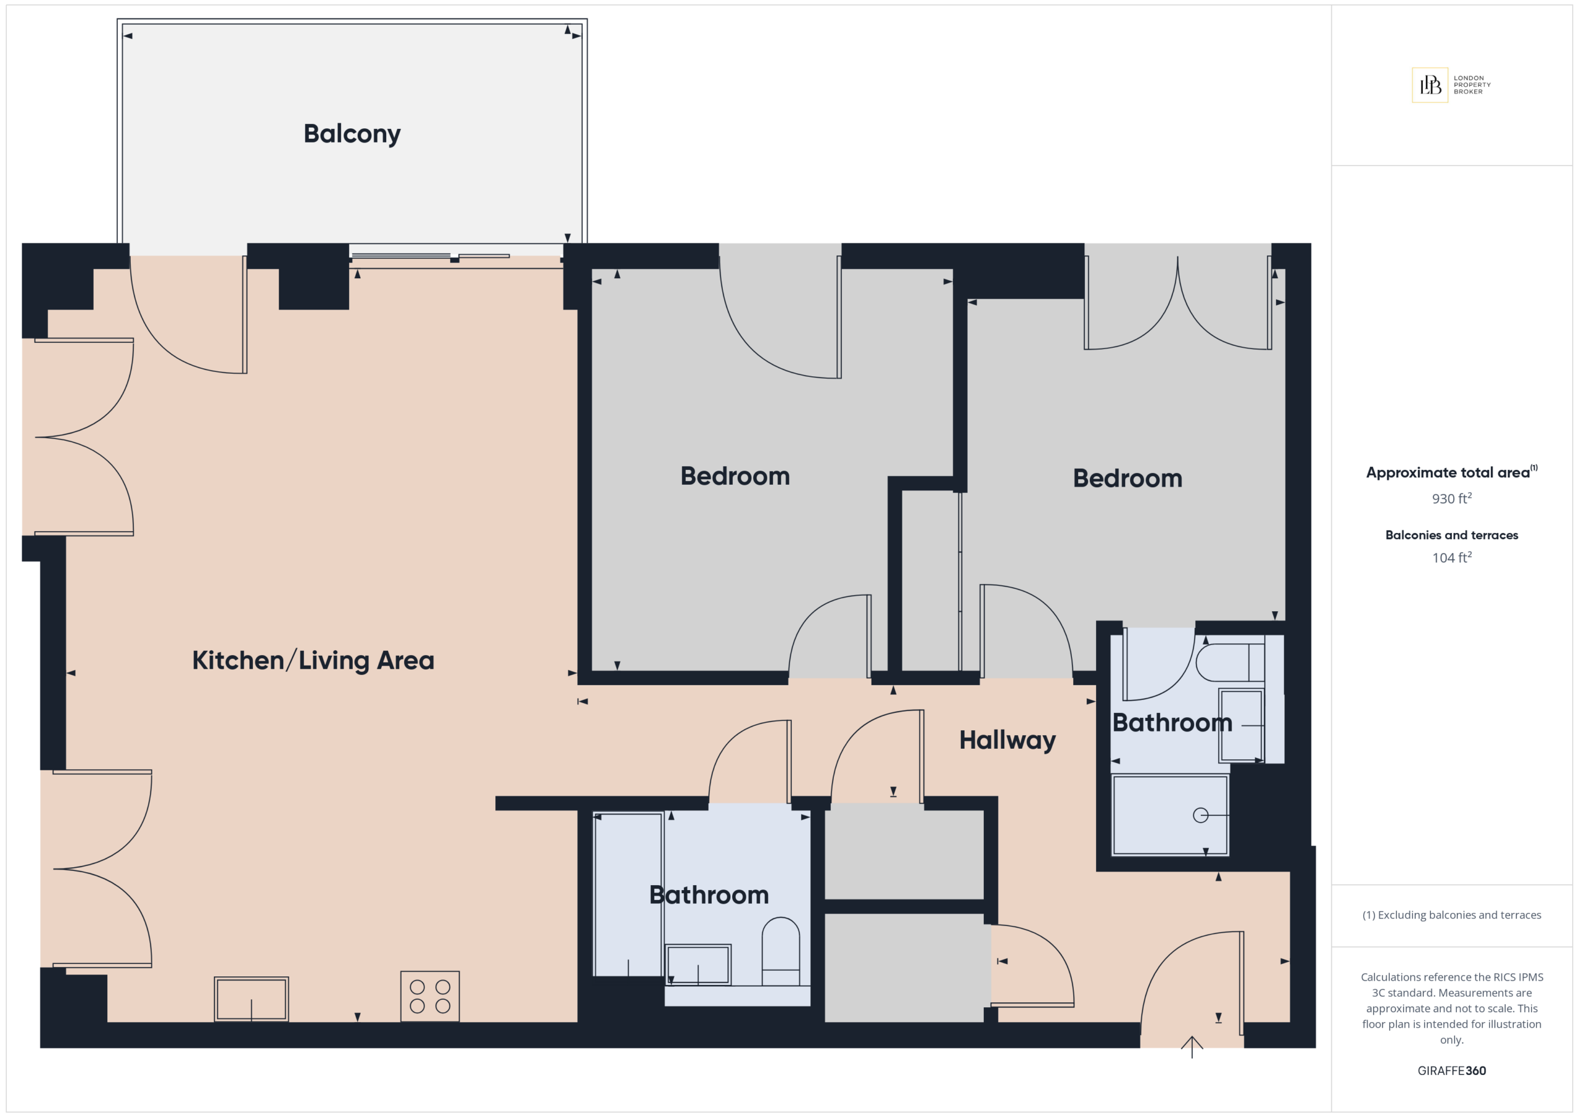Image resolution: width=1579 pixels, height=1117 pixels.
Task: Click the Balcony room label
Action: click(352, 134)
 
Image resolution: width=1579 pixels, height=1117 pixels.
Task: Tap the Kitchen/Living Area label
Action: click(313, 661)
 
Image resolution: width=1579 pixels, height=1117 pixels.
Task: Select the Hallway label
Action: click(1007, 741)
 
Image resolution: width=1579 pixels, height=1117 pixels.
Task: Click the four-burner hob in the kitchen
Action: click(430, 996)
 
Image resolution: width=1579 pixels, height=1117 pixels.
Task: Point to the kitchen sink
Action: click(251, 999)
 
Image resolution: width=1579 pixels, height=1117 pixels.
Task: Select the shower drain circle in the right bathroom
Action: click(1201, 815)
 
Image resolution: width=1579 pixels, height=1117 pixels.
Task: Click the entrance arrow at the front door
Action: click(1192, 1046)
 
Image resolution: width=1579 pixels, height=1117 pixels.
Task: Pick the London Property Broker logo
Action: click(1451, 85)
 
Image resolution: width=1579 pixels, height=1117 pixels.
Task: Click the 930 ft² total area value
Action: click(1452, 498)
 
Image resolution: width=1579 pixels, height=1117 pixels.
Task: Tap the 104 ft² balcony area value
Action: click(1452, 557)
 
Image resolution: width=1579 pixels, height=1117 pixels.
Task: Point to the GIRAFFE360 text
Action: click(1452, 1070)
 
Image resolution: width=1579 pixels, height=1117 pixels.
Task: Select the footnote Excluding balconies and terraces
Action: click(1452, 915)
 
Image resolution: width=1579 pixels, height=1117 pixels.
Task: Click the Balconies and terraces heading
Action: click(1452, 535)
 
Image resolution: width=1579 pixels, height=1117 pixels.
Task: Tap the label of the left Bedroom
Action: click(735, 476)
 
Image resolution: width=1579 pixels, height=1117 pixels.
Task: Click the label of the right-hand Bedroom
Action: click(1128, 478)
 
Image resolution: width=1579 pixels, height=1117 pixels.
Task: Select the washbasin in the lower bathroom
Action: click(698, 964)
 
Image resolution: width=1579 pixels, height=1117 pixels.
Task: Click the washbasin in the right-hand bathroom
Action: click(1242, 725)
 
